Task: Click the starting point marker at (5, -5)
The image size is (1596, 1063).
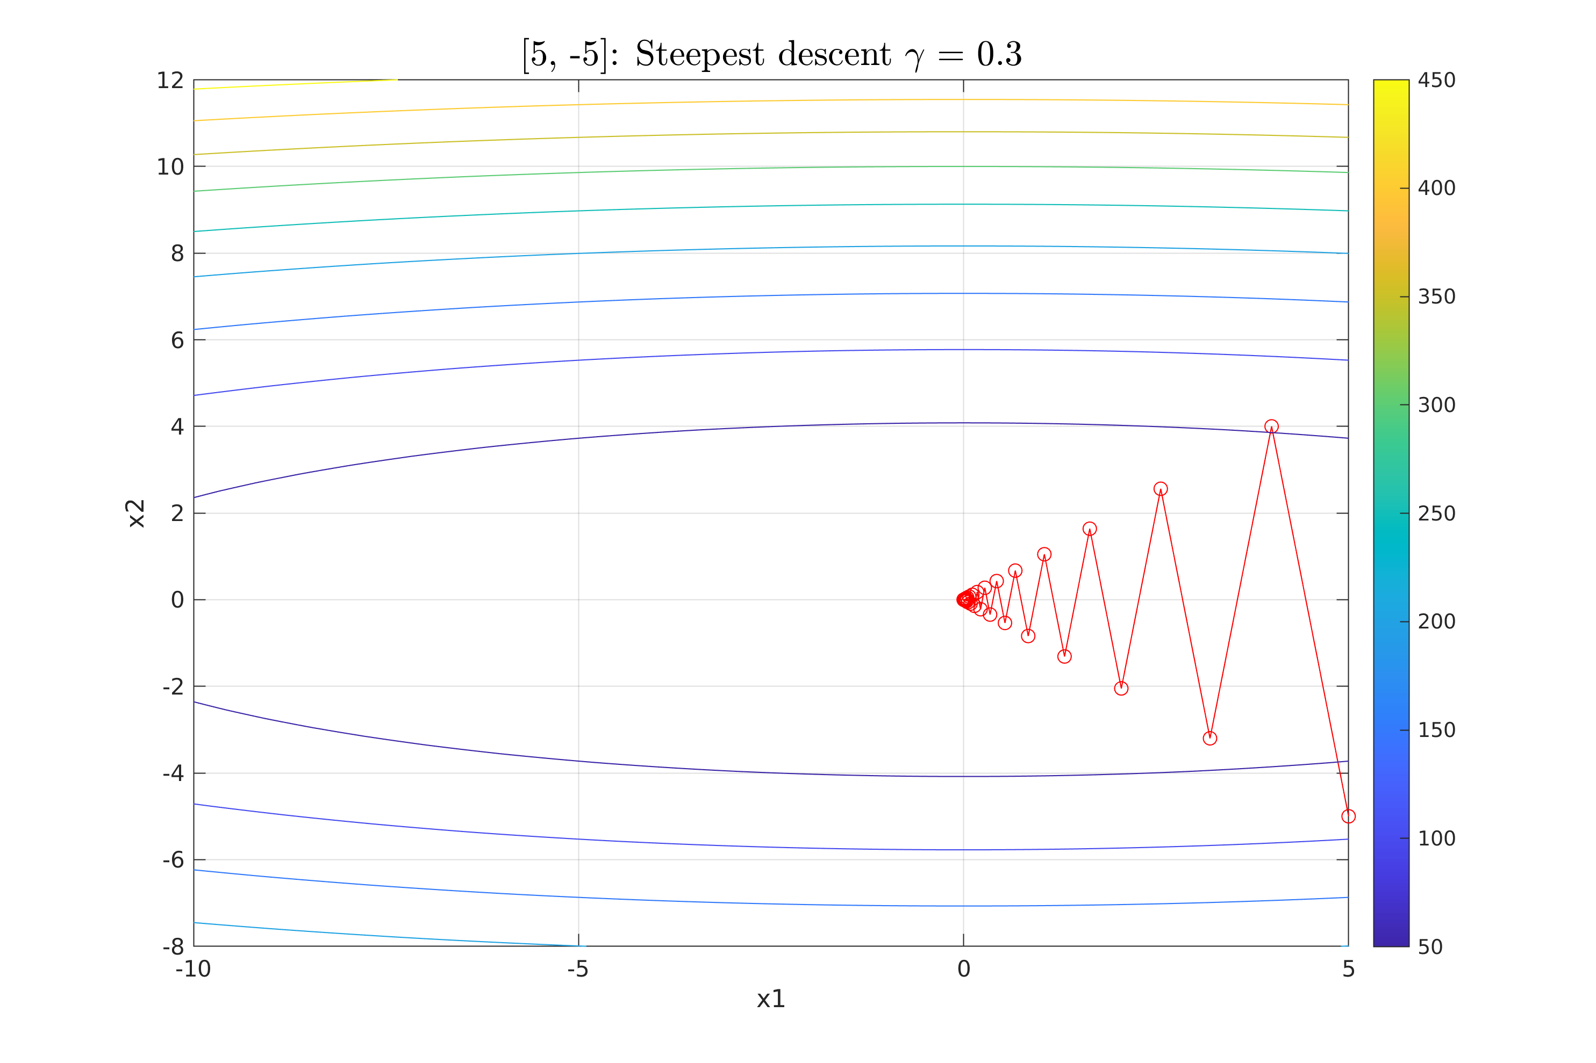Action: (x=1348, y=816)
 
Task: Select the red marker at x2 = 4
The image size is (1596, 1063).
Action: (x=1271, y=426)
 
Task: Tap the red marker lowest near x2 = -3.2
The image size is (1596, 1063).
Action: (x=1209, y=738)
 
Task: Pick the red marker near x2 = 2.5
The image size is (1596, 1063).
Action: (x=1161, y=489)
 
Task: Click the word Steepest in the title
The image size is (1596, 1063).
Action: (x=695, y=54)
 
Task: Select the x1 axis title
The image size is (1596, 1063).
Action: (x=770, y=999)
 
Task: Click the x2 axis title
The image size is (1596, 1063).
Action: (x=137, y=513)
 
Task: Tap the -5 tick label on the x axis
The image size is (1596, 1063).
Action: (x=578, y=970)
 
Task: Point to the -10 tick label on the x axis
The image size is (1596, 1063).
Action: (x=194, y=970)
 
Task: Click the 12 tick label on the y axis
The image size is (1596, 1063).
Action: (x=170, y=81)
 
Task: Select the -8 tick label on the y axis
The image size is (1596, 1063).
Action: (x=173, y=946)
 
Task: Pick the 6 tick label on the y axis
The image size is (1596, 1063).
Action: (x=177, y=341)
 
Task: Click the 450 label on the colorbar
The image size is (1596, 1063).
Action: (x=1436, y=81)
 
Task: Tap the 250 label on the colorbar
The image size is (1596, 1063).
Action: (x=1436, y=513)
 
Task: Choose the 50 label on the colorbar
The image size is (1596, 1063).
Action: (x=1430, y=947)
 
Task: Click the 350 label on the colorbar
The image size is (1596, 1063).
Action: (x=1436, y=297)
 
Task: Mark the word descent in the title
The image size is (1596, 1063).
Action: (x=834, y=54)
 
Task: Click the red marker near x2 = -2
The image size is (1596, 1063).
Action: (x=1121, y=689)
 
